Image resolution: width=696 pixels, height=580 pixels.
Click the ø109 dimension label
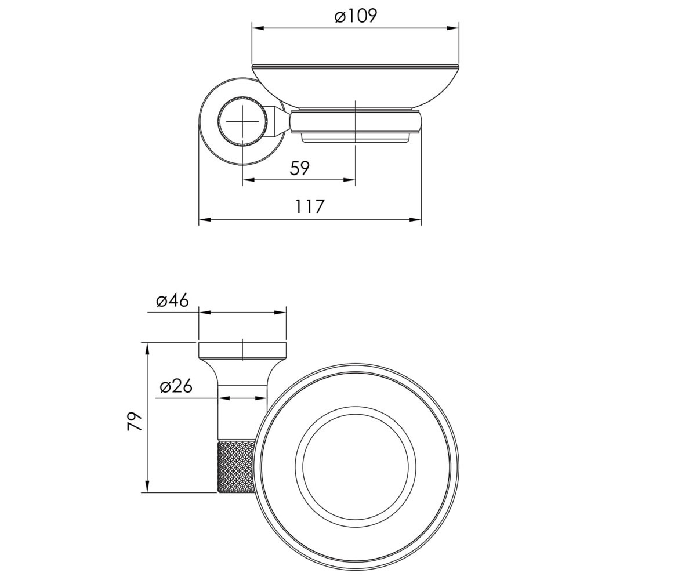coord(356,16)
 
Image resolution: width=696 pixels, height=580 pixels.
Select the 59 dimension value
coord(299,168)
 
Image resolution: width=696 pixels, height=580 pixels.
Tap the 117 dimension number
coord(310,206)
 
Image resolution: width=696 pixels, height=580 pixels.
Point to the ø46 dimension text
coord(172,300)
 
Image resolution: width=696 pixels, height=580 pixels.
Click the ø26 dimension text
coord(176,387)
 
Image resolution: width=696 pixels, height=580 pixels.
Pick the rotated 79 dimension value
coord(135,421)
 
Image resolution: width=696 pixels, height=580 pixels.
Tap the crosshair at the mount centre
coord(242,122)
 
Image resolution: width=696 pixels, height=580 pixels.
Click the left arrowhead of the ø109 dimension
coord(258,28)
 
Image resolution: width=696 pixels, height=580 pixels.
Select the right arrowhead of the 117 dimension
coord(415,220)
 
